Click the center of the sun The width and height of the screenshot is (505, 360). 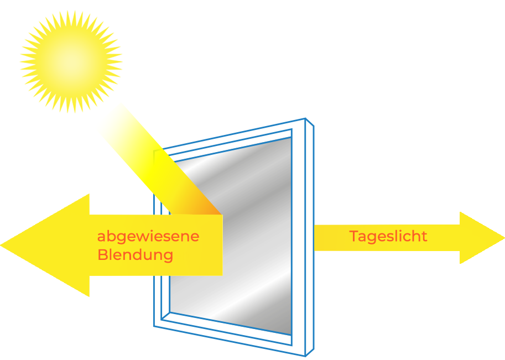[71, 61]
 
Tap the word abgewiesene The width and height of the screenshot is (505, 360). [148, 237]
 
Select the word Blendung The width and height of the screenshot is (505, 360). [135, 255]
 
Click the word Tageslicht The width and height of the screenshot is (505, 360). [388, 237]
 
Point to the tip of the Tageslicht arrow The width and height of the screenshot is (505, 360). [503, 238]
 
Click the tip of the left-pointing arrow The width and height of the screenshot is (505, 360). [2, 244]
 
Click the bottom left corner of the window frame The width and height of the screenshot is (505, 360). [154, 326]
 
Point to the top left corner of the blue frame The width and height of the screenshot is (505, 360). [154, 150]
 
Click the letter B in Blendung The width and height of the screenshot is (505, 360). [102, 255]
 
